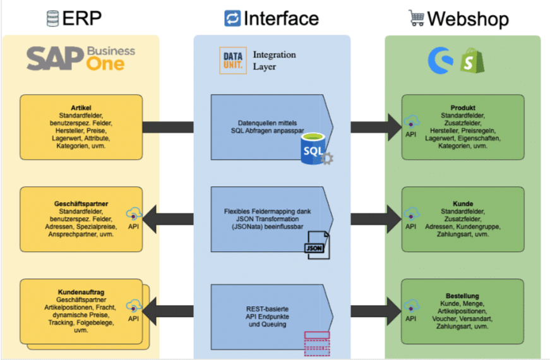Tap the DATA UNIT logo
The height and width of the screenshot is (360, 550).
click(233, 61)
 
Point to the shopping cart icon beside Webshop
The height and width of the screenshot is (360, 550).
click(416, 18)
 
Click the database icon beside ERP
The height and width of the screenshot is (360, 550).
click(52, 18)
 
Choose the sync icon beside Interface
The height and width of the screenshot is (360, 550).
click(232, 18)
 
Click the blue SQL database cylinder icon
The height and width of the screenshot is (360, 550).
click(314, 150)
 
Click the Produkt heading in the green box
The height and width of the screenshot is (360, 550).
click(463, 107)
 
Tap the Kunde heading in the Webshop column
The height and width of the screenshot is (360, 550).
click(463, 204)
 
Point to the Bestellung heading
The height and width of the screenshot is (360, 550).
click(462, 296)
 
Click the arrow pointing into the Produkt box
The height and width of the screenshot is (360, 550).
click(373, 126)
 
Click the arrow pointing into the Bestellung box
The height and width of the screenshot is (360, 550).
click(373, 309)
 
